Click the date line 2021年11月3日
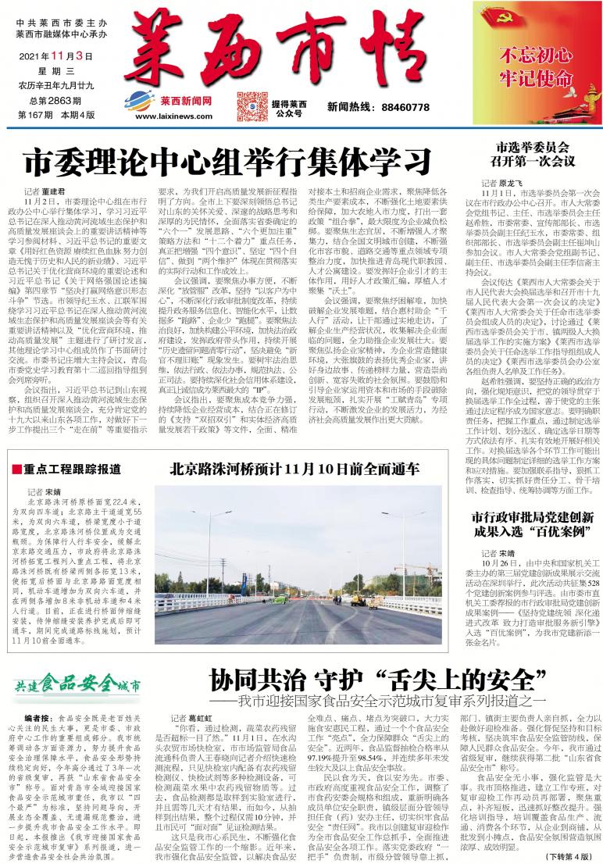pos(55,56)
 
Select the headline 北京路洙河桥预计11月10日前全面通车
pos(296,469)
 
